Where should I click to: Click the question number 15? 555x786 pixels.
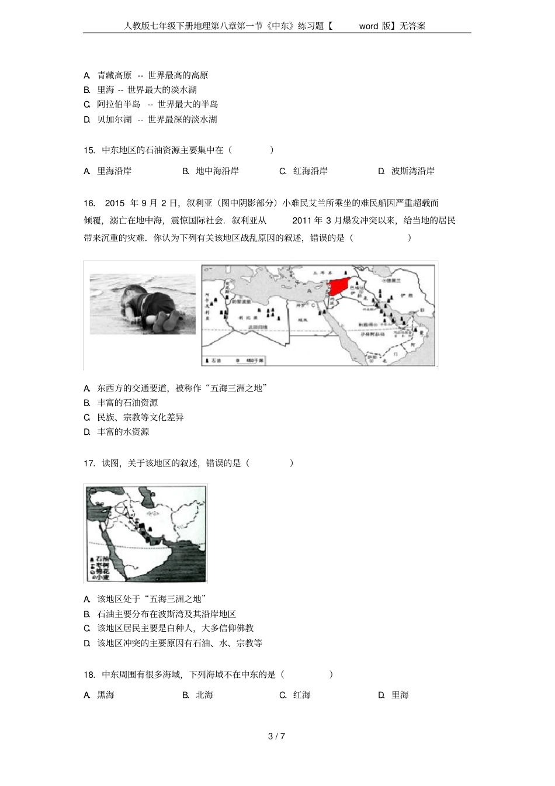pyautogui.click(x=89, y=150)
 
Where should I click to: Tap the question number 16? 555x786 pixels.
pyautogui.click(x=89, y=203)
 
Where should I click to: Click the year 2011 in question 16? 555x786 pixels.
pyautogui.click(x=302, y=221)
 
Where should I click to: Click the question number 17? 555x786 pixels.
pyautogui.click(x=89, y=463)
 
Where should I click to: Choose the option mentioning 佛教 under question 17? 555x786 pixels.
pyautogui.click(x=175, y=628)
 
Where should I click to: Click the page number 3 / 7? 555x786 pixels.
pyautogui.click(x=276, y=736)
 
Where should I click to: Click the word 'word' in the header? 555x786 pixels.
pyautogui.click(x=369, y=26)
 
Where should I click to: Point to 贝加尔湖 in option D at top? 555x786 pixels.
pyautogui.click(x=115, y=119)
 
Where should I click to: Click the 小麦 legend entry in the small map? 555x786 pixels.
pyautogui.click(x=102, y=576)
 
